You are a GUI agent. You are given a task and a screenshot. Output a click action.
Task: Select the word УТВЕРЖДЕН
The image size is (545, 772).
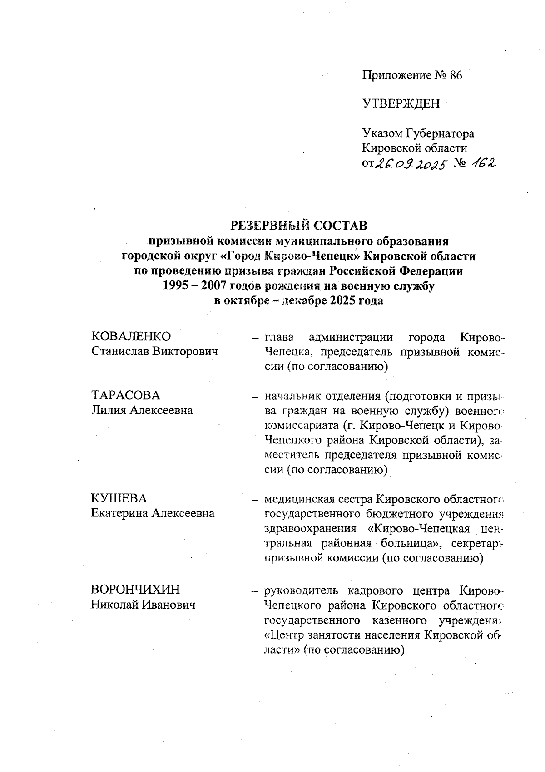401,104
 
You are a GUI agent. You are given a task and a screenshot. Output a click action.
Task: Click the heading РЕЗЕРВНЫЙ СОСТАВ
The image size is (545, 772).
299,226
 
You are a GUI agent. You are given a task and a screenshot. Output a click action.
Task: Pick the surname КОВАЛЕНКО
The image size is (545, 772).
131,336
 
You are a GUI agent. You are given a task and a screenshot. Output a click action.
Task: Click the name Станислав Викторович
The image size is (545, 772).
154,351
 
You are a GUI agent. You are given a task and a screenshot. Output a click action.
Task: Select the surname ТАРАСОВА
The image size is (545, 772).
126,395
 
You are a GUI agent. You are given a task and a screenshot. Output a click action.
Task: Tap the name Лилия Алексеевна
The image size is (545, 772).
142,410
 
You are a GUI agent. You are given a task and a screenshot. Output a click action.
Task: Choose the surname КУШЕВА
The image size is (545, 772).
119,498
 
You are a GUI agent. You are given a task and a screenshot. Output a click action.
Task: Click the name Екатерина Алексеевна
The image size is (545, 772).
153,513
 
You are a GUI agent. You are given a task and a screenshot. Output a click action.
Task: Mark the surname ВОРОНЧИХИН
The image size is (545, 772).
135,590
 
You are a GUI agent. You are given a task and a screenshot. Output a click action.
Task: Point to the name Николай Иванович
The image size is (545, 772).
143,605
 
